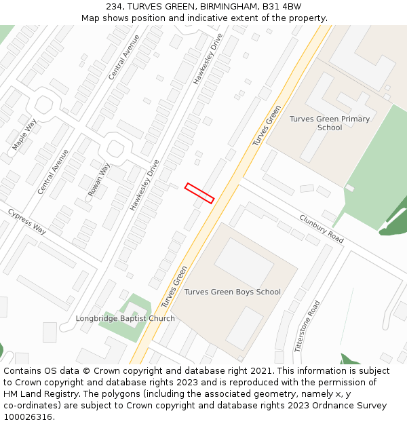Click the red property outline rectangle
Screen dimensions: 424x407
tap(199, 193)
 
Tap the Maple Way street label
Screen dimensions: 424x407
tap(24, 134)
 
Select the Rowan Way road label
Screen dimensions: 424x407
tap(99, 180)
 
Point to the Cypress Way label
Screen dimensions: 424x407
tap(27, 221)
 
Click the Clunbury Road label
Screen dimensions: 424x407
tap(322, 229)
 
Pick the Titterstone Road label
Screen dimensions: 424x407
tap(307, 326)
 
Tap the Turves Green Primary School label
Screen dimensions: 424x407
tap(330, 123)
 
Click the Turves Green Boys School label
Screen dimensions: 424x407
tap(232, 292)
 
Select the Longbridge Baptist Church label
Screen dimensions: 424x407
tap(125, 318)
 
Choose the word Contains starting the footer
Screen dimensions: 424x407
tap(22, 371)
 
